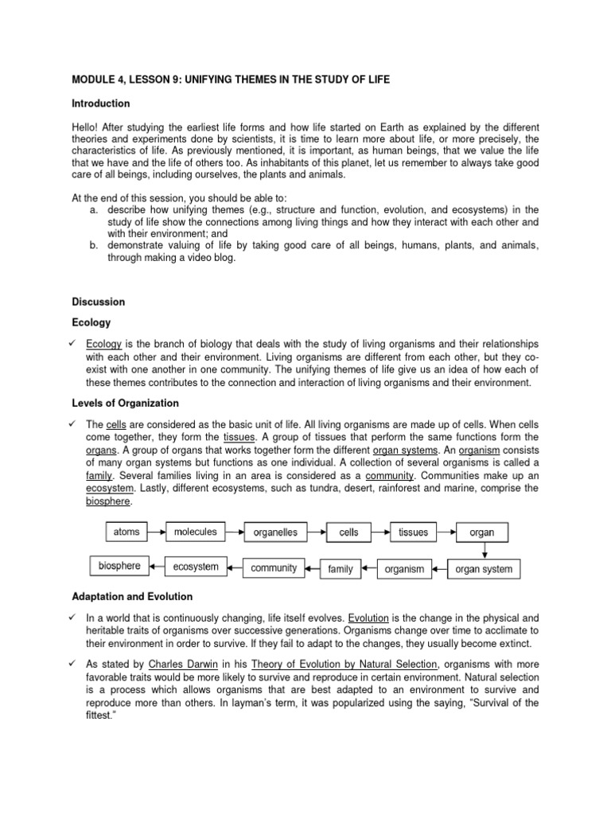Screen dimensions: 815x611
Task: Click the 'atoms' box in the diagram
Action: (127, 531)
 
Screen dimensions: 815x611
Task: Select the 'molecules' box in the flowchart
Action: (195, 531)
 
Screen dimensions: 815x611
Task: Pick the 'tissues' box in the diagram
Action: (413, 532)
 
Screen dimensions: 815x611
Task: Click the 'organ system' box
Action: (484, 569)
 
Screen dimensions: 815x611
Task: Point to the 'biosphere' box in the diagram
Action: (119, 567)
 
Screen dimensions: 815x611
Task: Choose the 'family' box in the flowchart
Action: (340, 569)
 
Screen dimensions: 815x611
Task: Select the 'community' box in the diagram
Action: (273, 568)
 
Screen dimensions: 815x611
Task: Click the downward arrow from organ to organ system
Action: (484, 551)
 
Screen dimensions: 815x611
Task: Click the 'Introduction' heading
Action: (101, 103)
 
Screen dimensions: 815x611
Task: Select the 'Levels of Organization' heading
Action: (125, 404)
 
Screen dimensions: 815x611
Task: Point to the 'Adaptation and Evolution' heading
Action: (132, 596)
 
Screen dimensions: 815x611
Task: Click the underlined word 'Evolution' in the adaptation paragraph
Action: (370, 617)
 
